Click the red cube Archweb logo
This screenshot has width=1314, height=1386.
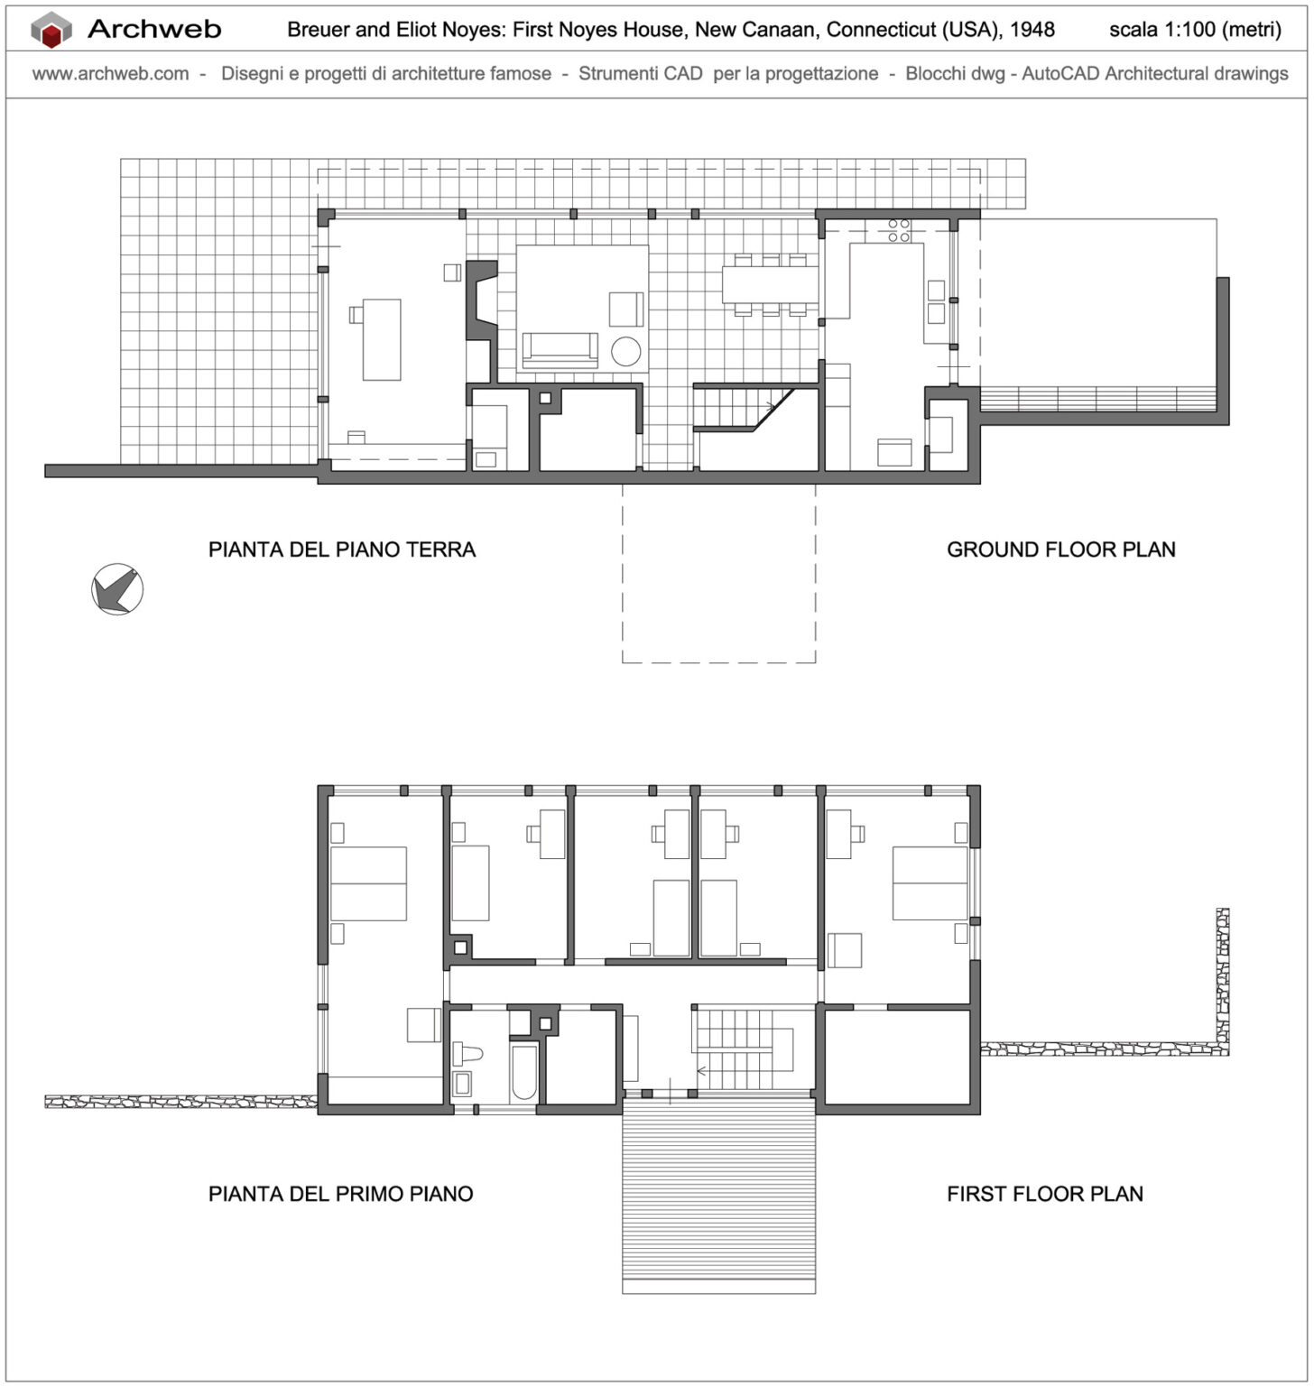tap(51, 30)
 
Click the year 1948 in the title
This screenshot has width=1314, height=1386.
tap(1032, 30)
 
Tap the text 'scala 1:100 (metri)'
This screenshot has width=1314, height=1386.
tap(1194, 30)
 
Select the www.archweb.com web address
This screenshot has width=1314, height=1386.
tap(110, 74)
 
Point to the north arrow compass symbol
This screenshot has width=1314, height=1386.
tap(117, 589)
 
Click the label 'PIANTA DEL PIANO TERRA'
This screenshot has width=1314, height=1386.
tap(341, 550)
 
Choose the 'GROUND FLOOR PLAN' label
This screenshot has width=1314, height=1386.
tap(1060, 550)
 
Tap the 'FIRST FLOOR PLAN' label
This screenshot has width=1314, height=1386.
tap(1044, 1194)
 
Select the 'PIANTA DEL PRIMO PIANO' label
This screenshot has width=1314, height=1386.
tap(340, 1194)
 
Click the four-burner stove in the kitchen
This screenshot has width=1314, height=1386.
tap(898, 230)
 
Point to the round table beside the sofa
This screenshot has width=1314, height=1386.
tap(625, 351)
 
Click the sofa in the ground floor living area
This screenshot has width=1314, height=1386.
tap(560, 349)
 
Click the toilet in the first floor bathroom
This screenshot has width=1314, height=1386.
tap(470, 1052)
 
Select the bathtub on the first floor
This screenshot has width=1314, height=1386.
tap(523, 1072)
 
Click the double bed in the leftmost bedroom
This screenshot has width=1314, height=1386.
tap(368, 883)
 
